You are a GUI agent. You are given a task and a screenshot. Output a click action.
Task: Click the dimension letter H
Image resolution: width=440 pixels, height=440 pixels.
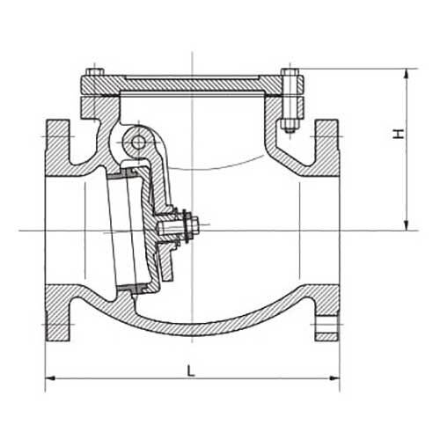(399, 135)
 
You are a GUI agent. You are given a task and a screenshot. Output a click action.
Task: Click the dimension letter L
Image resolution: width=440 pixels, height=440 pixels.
(191, 370)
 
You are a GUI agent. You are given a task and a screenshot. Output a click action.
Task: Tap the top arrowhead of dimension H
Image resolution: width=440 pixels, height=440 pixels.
(407, 74)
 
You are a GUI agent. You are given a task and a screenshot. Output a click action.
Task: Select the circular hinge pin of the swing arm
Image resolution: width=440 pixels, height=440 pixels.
(136, 139)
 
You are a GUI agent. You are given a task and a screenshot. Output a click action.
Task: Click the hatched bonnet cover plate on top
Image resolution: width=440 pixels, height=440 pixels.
(189, 86)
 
